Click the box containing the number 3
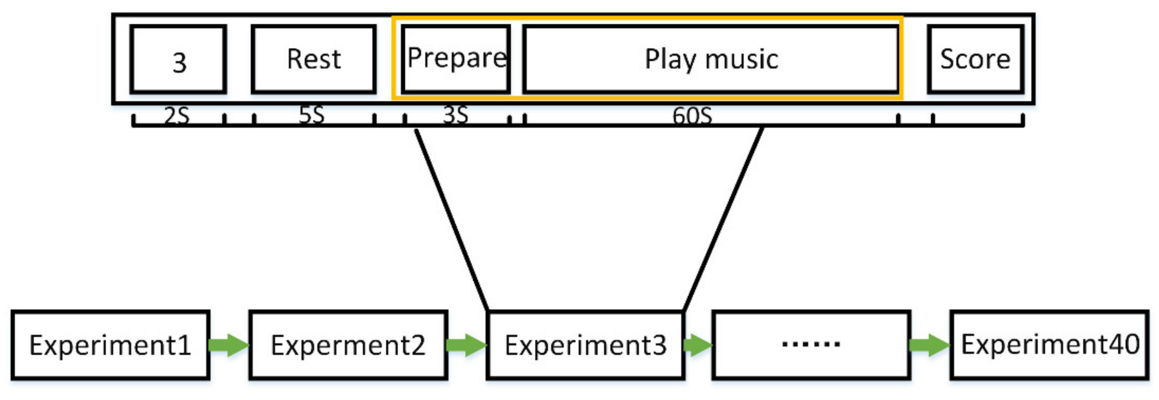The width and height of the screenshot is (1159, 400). tap(178, 60)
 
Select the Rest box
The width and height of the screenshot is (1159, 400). tap(314, 60)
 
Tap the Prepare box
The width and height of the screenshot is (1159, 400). tap(455, 60)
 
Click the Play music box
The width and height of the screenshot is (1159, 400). tap(711, 60)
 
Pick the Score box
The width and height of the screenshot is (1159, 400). tap(975, 60)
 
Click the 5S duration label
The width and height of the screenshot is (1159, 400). tap(311, 115)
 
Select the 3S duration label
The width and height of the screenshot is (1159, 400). tap(455, 115)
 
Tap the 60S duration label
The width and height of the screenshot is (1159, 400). tap(692, 116)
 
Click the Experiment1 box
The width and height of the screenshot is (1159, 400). tap(110, 345)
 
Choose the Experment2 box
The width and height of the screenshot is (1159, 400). tap(348, 345)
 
